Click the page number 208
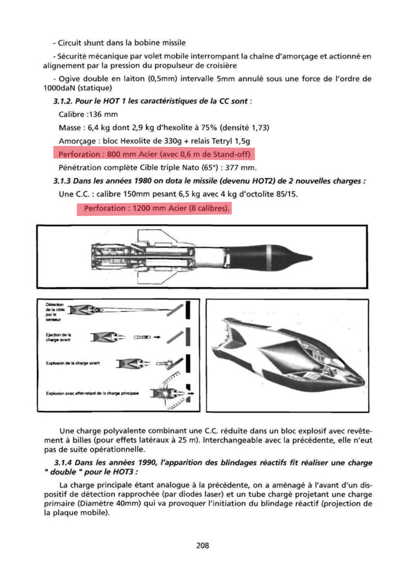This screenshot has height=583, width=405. coord(202,545)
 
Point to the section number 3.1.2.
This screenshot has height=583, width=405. coord(63,101)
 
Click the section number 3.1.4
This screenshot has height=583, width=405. coord(63,463)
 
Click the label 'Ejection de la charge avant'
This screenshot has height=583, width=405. coord(58,337)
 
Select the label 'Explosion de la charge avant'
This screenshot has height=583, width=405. coord(73,363)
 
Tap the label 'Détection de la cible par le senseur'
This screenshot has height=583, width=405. coord(55,312)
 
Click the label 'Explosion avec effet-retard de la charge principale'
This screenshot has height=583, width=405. coord(92,393)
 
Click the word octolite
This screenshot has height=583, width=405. coord(257,194)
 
